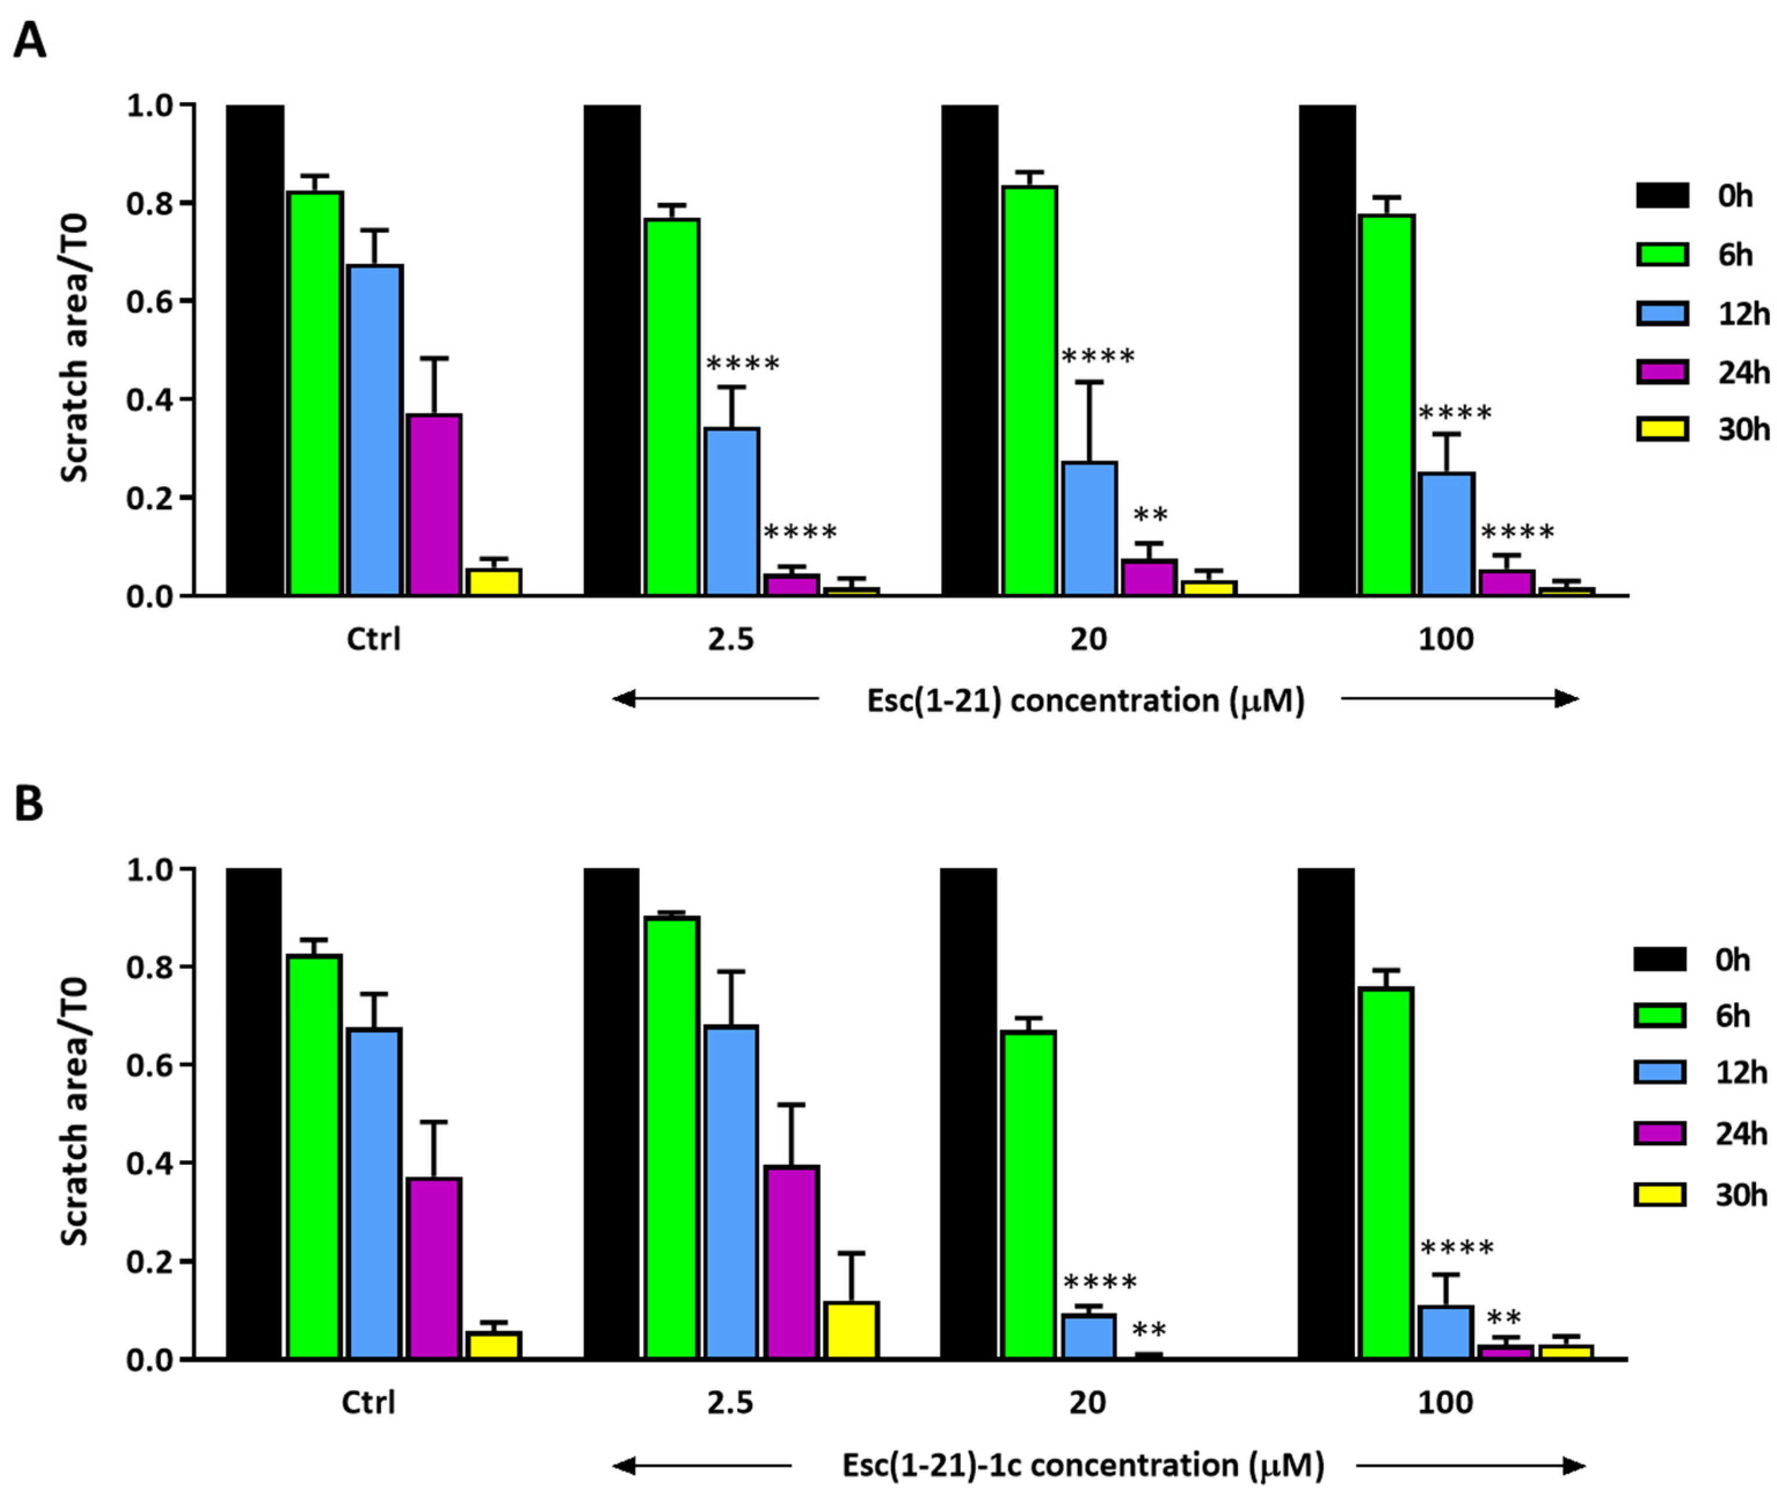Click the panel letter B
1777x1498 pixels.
tap(29, 803)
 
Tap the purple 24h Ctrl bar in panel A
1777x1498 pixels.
tap(435, 505)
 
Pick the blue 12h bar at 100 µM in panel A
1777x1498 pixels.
tap(1445, 534)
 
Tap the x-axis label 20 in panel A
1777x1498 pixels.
tap(1088, 638)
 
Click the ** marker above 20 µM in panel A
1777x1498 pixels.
tap(1150, 514)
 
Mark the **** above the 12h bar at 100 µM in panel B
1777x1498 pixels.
tap(1456, 1248)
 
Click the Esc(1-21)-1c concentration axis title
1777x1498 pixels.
tap(1083, 1466)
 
